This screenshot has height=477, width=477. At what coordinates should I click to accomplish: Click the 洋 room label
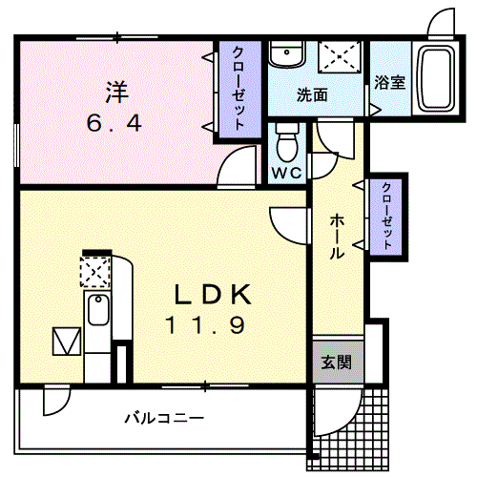tap(116, 93)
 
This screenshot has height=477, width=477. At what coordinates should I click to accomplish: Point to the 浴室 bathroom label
tap(390, 83)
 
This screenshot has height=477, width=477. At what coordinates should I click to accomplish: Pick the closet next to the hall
tap(386, 216)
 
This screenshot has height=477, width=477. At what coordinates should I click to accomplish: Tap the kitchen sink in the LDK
tap(96, 312)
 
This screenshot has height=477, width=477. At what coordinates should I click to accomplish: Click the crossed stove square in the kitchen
tap(94, 273)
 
